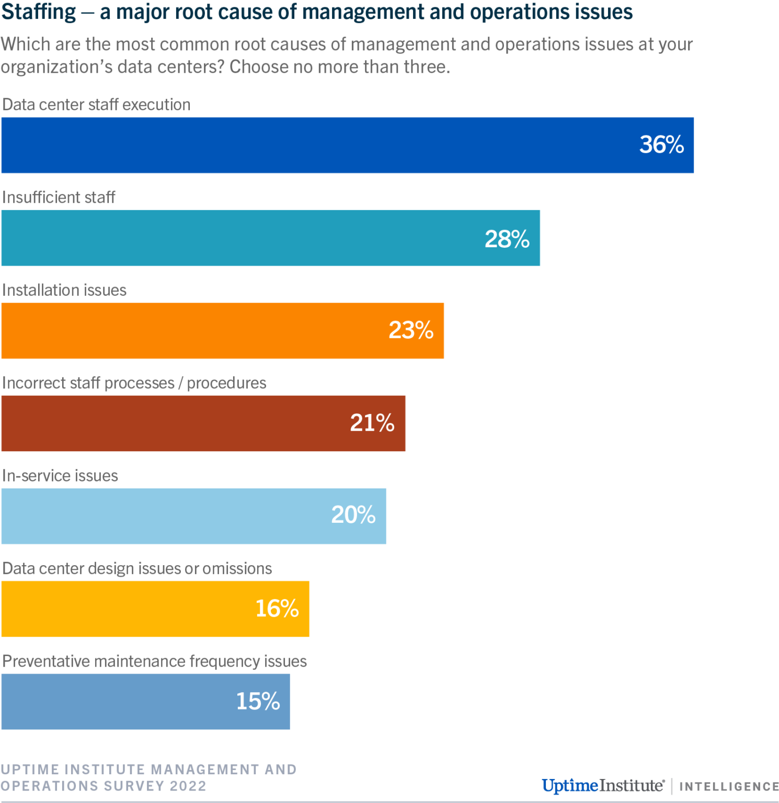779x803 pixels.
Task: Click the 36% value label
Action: click(x=661, y=145)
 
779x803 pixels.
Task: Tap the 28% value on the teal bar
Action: click(x=507, y=239)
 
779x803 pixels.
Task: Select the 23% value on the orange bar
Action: click(x=411, y=330)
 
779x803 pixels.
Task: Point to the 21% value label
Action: click(x=372, y=423)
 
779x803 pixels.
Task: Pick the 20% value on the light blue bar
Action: click(x=353, y=515)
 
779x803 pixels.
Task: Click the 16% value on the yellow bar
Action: click(x=277, y=609)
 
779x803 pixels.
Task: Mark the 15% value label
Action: click(x=258, y=702)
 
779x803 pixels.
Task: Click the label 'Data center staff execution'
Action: click(x=96, y=105)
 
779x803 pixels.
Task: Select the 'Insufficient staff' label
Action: click(x=59, y=198)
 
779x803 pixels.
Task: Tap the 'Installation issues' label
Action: click(x=64, y=290)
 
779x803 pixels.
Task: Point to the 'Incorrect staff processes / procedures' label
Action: click(x=134, y=383)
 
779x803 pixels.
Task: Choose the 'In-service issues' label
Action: click(x=60, y=476)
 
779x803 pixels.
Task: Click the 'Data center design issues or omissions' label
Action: click(x=137, y=569)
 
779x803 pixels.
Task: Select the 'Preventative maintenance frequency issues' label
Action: click(x=155, y=661)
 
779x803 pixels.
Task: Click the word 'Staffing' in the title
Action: click(x=39, y=12)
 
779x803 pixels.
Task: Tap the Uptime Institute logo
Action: click(x=603, y=786)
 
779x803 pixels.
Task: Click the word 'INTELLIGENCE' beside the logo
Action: click(x=729, y=787)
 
